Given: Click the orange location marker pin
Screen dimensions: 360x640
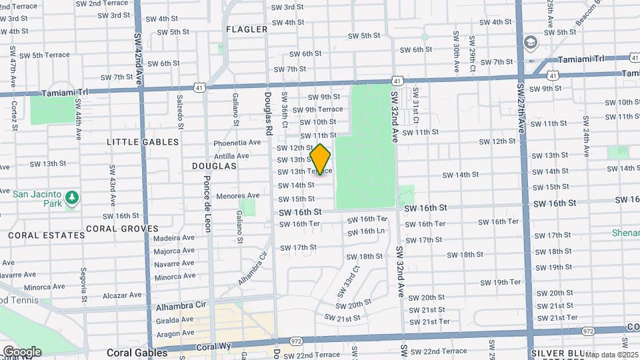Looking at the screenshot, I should (x=320, y=159).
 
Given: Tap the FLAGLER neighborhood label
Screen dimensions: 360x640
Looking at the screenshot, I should (x=247, y=29).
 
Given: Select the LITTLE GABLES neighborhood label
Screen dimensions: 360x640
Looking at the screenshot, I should (x=143, y=142).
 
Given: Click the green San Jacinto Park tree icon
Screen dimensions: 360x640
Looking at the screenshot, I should (x=72, y=198).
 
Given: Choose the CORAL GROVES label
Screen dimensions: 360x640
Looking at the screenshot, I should (x=121, y=229).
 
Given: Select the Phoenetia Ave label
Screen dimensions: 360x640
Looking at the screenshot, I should (x=237, y=143).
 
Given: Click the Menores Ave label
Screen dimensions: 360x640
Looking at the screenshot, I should (x=237, y=196).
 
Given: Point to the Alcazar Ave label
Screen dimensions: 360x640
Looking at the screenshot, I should (x=121, y=295).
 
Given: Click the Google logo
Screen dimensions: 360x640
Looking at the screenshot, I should (x=22, y=351).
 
